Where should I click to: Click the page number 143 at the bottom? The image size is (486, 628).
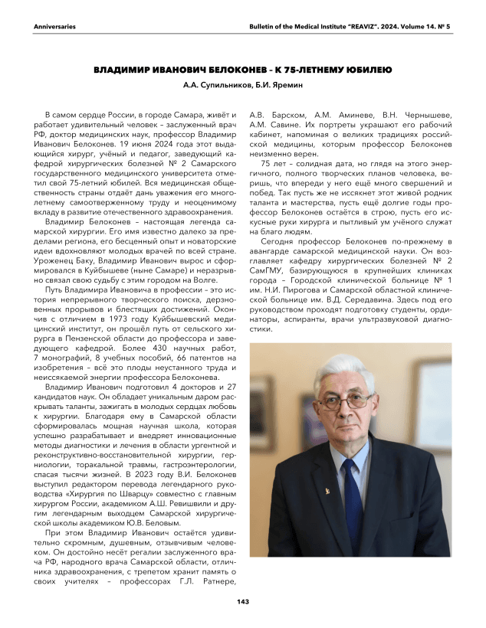click(x=243, y=601)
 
